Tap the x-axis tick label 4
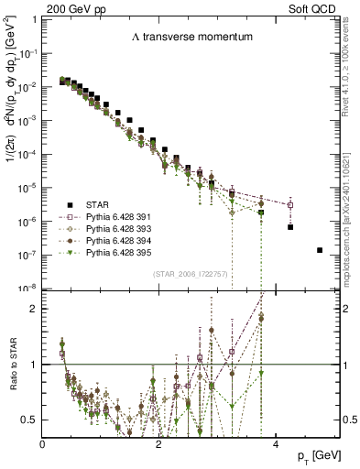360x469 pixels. pyautogui.click(x=276, y=444)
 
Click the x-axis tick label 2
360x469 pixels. pyautogui.click(x=159, y=444)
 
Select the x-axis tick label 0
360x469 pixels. pyautogui.click(x=43, y=444)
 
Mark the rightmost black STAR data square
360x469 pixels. pyautogui.click(x=320, y=250)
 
